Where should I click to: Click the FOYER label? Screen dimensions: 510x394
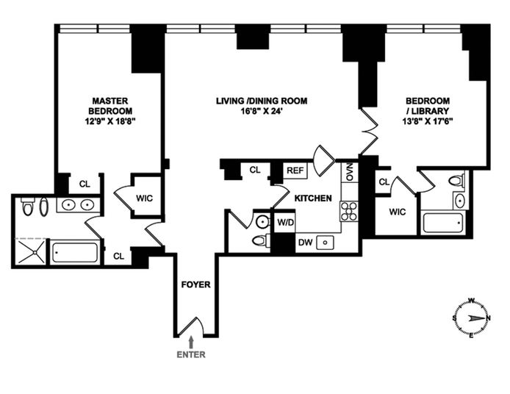tap(195, 284)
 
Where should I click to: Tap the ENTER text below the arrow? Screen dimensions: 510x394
tap(191, 354)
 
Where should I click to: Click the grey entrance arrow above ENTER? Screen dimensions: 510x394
tap(191, 343)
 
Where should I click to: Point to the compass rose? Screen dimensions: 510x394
tap(471, 318)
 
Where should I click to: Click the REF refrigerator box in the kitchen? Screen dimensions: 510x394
tap(295, 171)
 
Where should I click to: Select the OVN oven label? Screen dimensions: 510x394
tap(350, 173)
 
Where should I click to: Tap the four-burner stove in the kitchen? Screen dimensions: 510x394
tap(349, 211)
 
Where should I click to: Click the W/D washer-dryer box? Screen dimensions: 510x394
tap(285, 223)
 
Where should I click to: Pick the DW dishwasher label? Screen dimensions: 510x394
tap(306, 243)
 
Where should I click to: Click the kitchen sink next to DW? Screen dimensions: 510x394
tap(324, 242)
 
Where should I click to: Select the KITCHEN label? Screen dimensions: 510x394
tap(313, 198)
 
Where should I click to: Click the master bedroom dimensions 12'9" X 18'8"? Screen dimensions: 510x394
tap(110, 121)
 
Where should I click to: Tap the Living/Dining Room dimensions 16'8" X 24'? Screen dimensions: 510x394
tap(262, 111)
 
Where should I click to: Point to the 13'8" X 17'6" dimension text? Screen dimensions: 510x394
tap(428, 121)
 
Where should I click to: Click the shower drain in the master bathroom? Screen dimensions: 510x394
tap(34, 252)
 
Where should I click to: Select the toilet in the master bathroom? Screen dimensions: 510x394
tap(27, 207)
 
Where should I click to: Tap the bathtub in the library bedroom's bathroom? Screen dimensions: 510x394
tap(442, 223)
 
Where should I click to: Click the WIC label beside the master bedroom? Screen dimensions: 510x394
tap(145, 198)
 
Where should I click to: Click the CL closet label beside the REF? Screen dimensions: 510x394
tap(255, 170)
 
